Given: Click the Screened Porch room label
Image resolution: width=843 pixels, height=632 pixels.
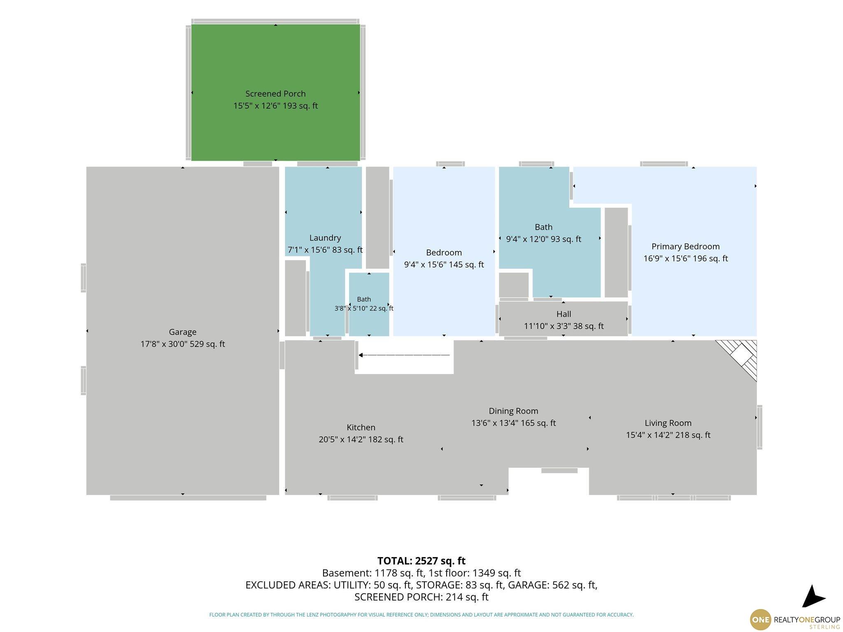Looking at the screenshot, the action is (275, 100).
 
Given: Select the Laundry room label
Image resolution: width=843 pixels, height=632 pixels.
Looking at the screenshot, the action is (325, 244).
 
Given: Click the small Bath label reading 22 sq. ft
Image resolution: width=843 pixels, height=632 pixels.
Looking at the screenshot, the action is (364, 304).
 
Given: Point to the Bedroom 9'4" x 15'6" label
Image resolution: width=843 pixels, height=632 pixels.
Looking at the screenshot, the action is (444, 258).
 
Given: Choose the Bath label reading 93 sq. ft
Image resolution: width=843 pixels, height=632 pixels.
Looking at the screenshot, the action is (543, 233).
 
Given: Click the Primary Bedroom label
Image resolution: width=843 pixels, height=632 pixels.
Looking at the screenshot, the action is (685, 252).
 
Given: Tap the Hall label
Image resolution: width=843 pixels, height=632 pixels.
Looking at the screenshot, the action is (564, 320).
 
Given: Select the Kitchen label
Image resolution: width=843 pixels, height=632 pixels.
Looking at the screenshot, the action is (361, 433).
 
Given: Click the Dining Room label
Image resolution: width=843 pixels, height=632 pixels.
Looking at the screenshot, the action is (513, 417).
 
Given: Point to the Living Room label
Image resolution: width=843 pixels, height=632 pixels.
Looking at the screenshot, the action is (668, 429).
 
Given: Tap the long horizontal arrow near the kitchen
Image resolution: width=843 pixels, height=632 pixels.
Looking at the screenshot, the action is (404, 355).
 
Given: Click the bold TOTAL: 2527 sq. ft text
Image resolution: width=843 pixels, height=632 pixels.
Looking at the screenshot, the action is (421, 561).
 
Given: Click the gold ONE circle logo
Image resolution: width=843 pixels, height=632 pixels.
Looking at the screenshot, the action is (760, 620).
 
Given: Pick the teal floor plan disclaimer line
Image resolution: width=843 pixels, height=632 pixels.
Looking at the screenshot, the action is (421, 615).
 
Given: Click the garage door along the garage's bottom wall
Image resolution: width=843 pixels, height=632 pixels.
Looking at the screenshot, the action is (188, 498).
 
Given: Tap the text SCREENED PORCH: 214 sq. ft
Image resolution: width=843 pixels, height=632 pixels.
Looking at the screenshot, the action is (421, 597).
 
